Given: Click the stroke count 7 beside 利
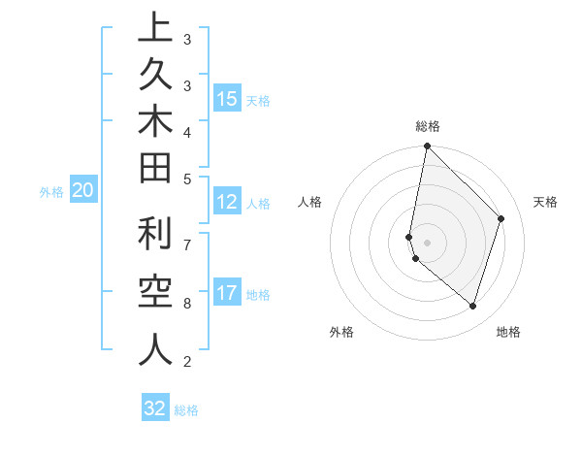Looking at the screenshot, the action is point(187,244).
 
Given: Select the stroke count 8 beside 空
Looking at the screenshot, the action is point(187,303).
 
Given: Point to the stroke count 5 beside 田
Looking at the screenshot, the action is point(187,179).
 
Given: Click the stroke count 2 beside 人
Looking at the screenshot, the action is point(187,362).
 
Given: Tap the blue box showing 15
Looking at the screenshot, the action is point(226,98).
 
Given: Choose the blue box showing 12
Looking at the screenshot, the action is point(226,202).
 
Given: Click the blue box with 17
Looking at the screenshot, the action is point(226,293).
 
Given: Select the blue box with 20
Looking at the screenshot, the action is point(83,191).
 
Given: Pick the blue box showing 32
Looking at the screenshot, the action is point(155,408).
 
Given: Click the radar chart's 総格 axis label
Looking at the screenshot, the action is point(428,126).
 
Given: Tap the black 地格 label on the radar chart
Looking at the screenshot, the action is point(508,332).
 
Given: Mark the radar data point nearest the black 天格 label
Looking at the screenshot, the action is point(501,218).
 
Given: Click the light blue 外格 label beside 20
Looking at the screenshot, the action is point(51,192).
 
